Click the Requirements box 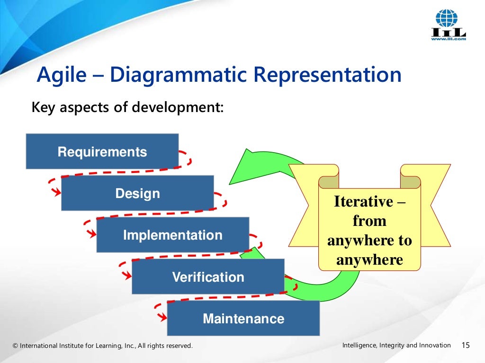click(102, 152)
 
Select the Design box click(137, 193)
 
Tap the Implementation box click(172, 235)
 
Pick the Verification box click(208, 277)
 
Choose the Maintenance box click(243, 318)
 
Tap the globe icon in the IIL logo click(447, 18)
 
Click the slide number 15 click(465, 346)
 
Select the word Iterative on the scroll click(363, 201)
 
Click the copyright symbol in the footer click(15, 346)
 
